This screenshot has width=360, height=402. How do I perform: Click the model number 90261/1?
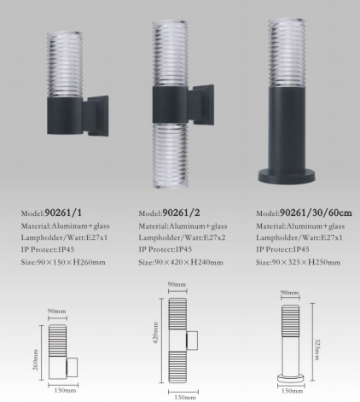(63, 213)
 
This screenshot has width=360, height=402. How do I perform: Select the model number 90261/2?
(181, 213)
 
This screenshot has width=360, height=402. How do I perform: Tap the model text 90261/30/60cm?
(316, 213)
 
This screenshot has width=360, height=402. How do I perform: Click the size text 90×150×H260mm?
(71, 262)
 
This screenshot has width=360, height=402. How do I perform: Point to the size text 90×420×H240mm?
(189, 262)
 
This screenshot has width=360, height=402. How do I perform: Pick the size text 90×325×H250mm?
(306, 262)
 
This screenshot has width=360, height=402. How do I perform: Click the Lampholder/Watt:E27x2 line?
(182, 237)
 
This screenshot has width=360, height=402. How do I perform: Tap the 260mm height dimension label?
(36, 359)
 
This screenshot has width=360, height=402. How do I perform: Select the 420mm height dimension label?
(156, 333)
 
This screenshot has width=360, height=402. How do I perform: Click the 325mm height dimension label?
(317, 349)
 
